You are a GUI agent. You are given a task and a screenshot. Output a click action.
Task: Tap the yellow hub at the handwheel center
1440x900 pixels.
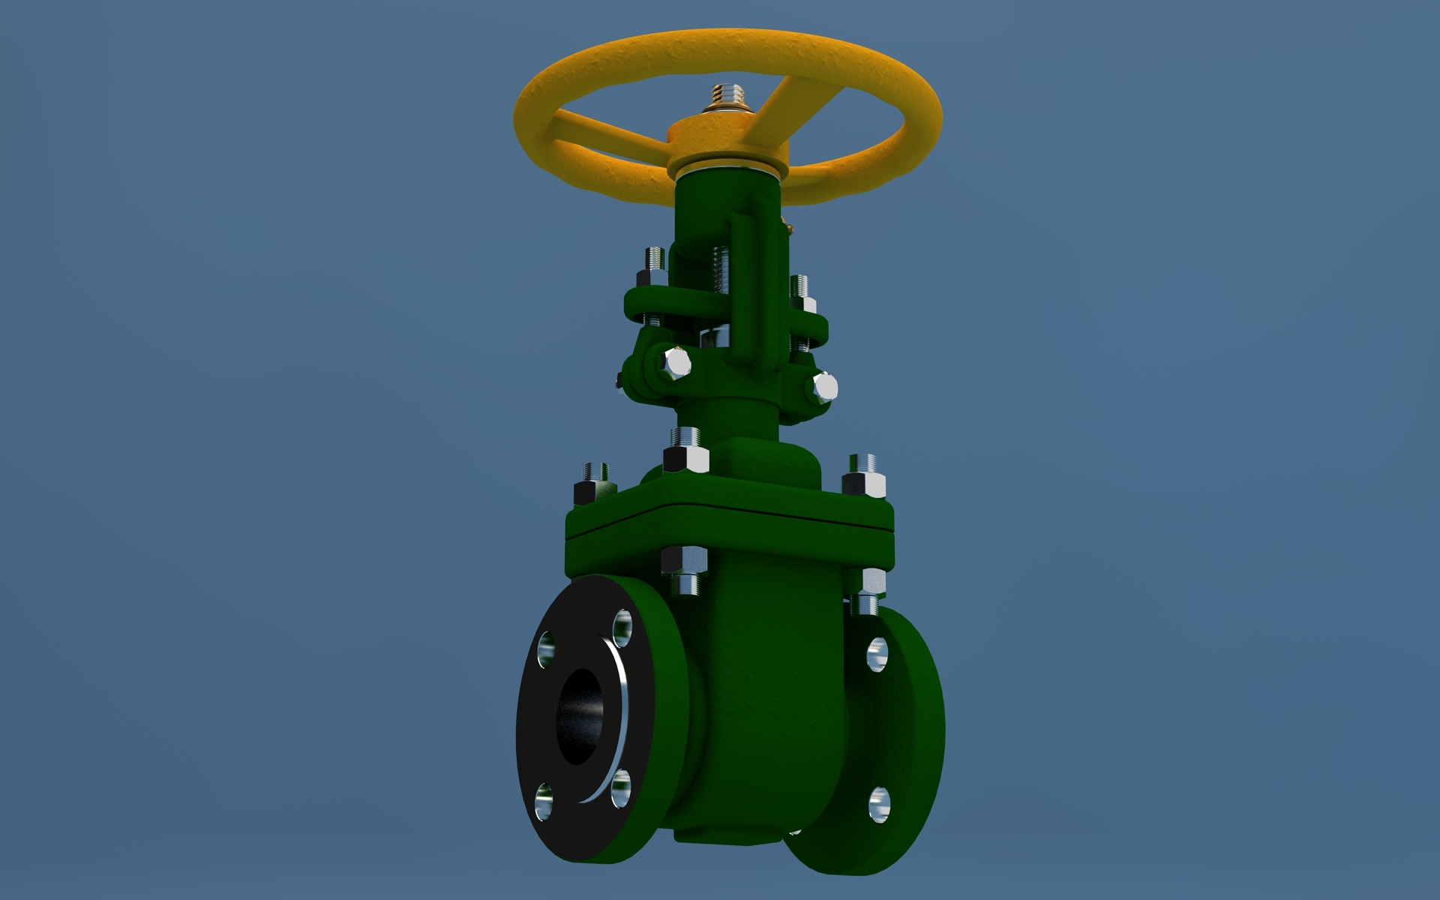click(x=726, y=142)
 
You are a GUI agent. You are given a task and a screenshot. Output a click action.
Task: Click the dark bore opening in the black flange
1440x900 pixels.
click(x=577, y=715)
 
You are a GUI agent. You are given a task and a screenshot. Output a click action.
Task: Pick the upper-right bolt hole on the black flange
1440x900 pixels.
click(x=622, y=627)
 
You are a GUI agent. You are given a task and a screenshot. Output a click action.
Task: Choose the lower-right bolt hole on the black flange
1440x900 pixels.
click(x=620, y=790)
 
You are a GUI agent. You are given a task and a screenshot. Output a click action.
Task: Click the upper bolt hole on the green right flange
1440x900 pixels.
click(x=877, y=654)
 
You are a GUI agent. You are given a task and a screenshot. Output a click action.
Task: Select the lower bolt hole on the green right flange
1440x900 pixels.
click(x=879, y=804)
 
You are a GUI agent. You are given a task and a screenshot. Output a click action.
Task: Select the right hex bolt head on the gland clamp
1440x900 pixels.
click(x=824, y=387)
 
